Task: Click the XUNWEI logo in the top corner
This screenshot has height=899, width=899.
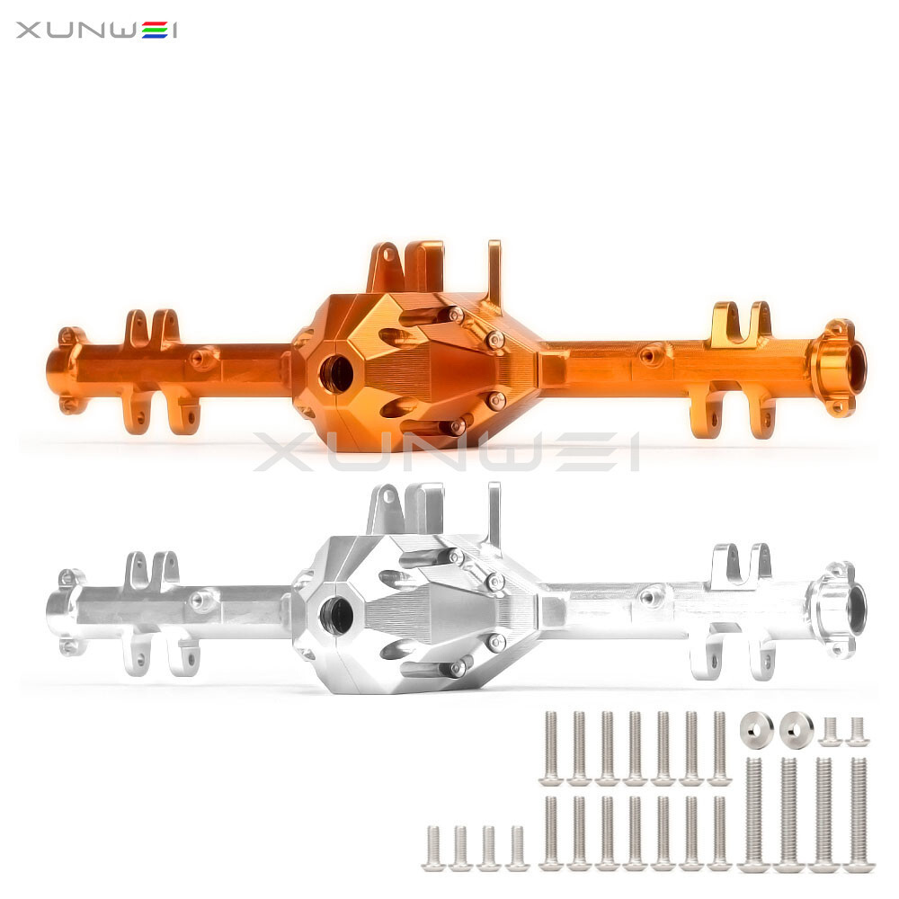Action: pos(96,30)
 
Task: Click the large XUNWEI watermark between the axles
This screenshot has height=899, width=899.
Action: pos(446,452)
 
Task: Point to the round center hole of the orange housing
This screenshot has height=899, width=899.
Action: pos(336,373)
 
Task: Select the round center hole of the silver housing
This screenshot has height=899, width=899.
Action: pos(336,615)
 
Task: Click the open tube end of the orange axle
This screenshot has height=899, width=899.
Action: pos(855,367)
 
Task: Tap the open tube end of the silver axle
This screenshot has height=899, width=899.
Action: pos(855,609)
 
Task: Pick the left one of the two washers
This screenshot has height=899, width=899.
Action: pos(756,730)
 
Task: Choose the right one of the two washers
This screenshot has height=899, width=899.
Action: pos(797,730)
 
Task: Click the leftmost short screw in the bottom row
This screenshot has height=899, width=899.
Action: pos(433,849)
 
